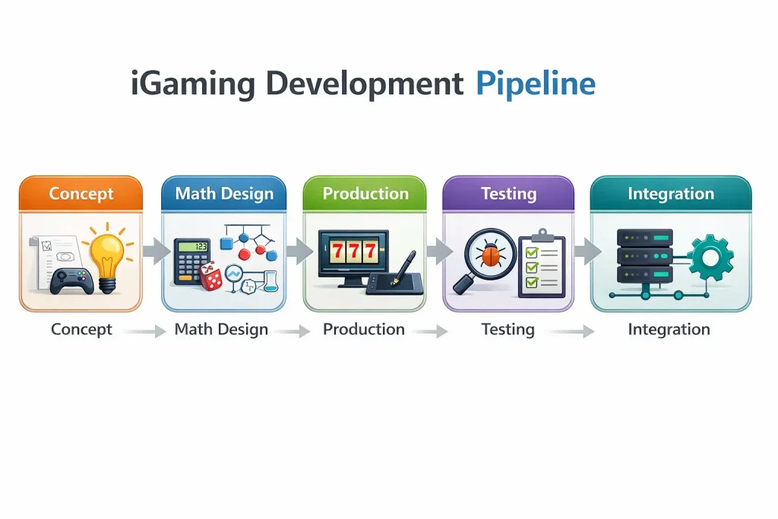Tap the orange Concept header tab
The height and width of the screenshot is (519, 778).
(81, 193)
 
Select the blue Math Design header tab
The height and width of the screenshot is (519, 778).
(224, 193)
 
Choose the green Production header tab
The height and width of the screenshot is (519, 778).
(365, 193)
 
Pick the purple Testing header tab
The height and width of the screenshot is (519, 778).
(508, 193)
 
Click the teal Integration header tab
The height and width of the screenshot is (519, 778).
(671, 193)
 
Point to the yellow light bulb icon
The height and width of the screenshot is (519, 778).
(108, 255)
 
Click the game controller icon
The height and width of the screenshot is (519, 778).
(73, 280)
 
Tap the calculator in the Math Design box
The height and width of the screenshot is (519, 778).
(192, 261)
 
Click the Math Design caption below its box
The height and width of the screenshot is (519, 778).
(221, 330)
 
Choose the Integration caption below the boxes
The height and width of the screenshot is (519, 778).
(669, 330)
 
